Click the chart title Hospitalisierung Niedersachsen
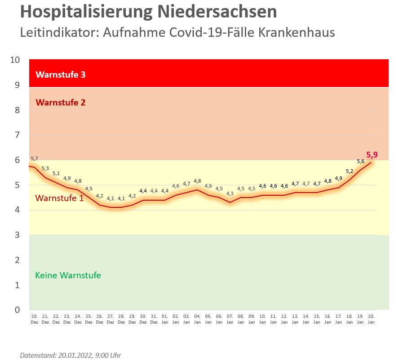click(148, 12)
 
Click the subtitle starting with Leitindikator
click(177, 33)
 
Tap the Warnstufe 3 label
click(60, 75)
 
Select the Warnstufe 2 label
click(60, 102)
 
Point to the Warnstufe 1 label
click(59, 198)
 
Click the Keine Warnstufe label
click(68, 275)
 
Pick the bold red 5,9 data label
click(372, 155)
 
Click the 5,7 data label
click(35, 159)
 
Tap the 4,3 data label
click(230, 193)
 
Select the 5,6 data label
click(360, 162)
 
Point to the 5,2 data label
click(350, 171)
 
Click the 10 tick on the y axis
click(15, 60)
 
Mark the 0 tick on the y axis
click(18, 310)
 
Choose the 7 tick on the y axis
click(18, 135)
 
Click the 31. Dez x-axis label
click(154, 319)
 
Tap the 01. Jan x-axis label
click(164, 319)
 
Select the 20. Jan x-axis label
click(371, 319)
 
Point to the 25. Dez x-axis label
click(89, 319)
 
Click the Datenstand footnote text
click(71, 355)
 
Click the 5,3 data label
click(45, 169)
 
